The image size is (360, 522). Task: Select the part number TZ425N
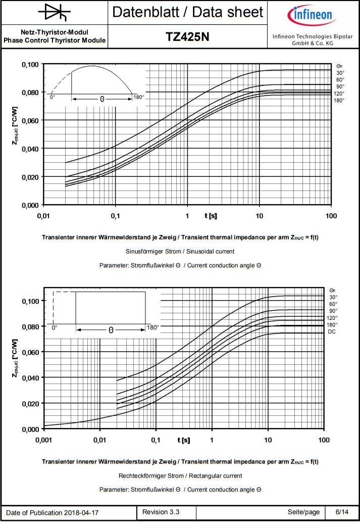187,37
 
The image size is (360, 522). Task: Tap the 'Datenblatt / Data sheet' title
187,12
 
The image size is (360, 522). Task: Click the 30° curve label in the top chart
340,72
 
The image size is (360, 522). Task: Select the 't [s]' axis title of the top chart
211,216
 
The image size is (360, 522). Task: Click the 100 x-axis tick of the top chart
331,216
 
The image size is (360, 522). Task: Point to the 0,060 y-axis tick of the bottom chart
30,352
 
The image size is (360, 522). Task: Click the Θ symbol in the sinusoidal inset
102,100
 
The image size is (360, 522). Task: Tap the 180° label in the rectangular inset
152,327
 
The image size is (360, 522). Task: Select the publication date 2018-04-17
81,512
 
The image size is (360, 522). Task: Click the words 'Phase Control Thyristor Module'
55,40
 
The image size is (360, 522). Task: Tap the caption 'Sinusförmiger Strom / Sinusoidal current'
180,251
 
